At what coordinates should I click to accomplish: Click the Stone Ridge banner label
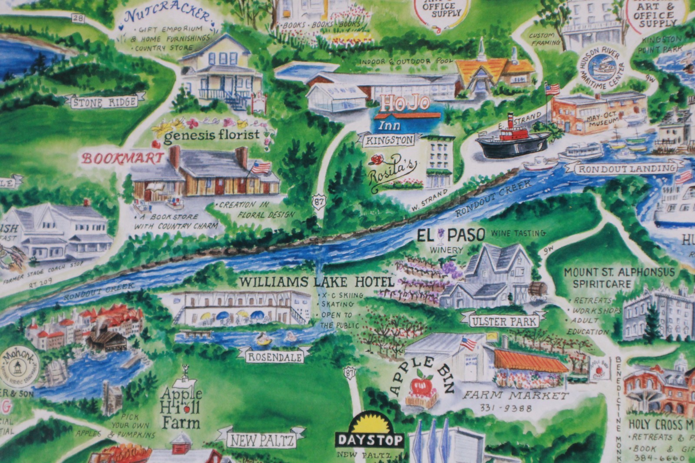click(x=104, y=103)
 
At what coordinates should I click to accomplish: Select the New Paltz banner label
click(x=262, y=440)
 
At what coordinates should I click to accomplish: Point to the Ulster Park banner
click(x=504, y=322)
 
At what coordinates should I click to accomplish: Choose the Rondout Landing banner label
click(x=626, y=169)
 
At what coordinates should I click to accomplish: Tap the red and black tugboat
click(x=513, y=137)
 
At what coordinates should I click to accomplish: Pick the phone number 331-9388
click(x=506, y=408)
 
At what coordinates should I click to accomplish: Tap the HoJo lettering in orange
click(x=405, y=103)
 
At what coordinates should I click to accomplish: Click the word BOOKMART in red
click(x=123, y=159)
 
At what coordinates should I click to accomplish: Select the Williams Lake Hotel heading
click(x=316, y=282)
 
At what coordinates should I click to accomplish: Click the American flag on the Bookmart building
click(x=261, y=167)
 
